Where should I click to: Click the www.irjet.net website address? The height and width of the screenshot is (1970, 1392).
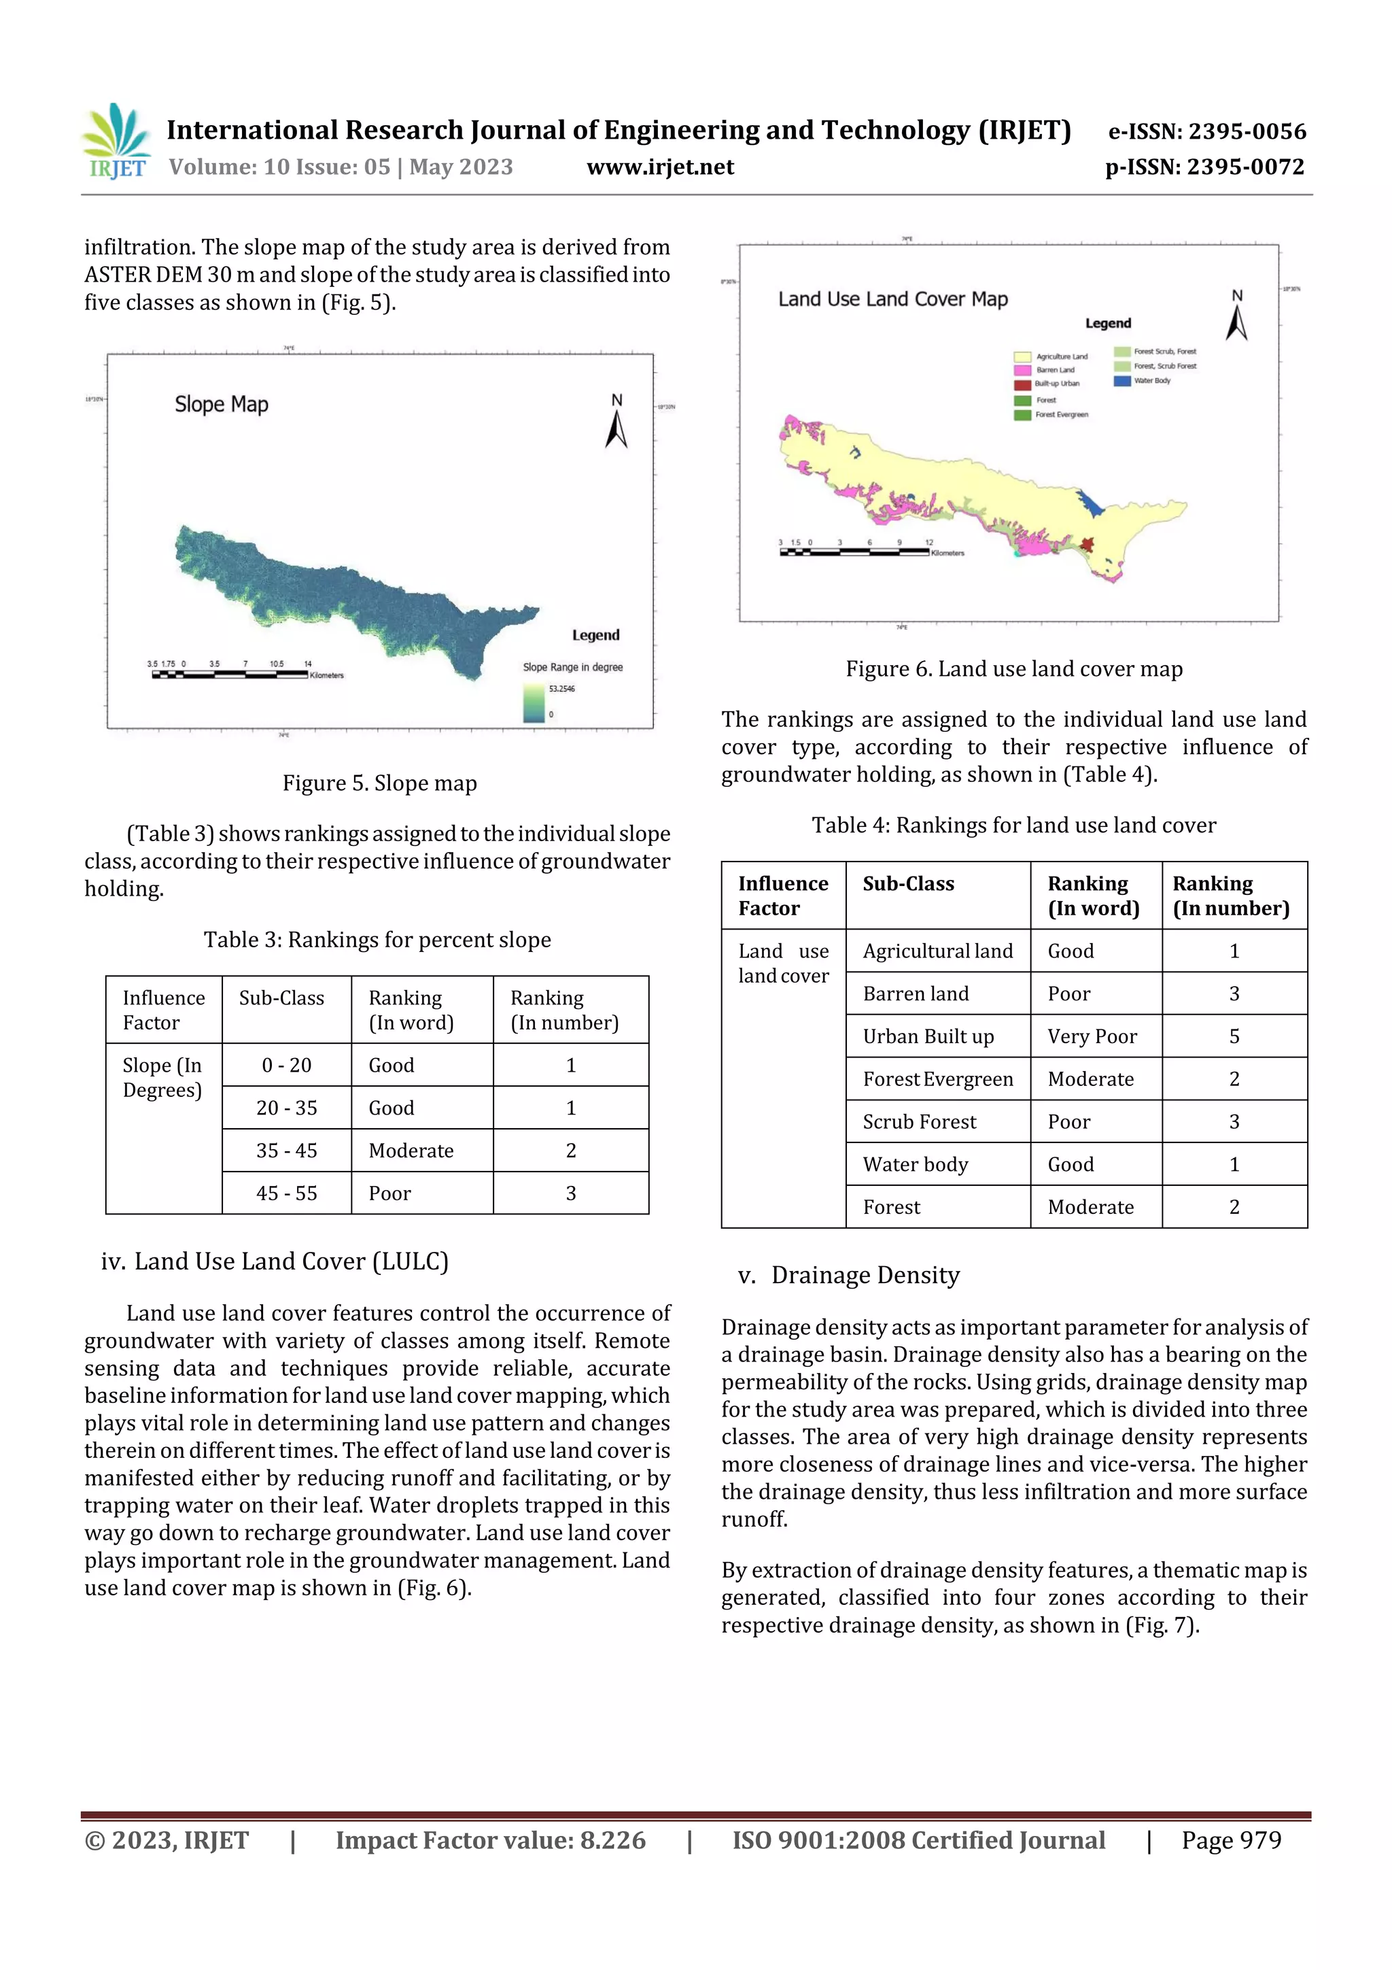pos(659,167)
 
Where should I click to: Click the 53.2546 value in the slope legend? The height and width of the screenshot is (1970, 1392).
pos(562,689)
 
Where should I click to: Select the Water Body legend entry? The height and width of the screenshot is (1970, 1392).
pos(1151,381)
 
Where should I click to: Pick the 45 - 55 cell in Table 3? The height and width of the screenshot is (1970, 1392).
pos(286,1193)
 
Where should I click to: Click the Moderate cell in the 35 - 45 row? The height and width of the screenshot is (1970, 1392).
pos(411,1151)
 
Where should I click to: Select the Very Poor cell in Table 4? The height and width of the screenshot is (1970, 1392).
pos(1091,1036)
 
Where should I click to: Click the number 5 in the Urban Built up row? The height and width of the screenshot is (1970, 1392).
pos(1234,1036)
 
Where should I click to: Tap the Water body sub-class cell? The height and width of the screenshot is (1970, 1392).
pos(915,1164)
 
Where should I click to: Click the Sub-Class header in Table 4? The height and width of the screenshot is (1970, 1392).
pos(907,884)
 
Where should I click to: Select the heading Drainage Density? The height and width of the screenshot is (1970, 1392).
pos(865,1276)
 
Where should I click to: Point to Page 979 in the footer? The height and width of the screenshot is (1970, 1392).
pos(1231,1840)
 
